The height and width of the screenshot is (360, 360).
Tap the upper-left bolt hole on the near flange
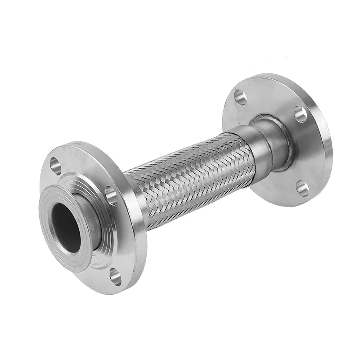pos(56,165)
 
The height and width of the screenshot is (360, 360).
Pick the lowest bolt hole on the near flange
pos(116,276)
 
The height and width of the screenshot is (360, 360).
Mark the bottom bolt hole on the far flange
pos(302,188)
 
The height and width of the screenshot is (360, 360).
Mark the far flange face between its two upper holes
pos(270,97)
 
